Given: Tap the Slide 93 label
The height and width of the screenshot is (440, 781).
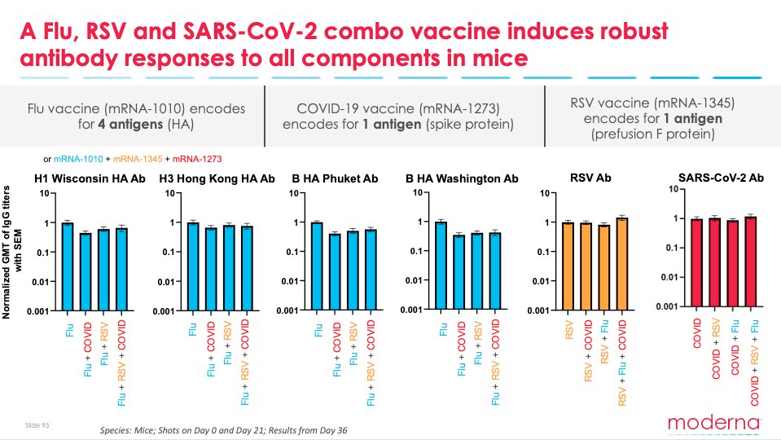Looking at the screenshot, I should click(x=37, y=425).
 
